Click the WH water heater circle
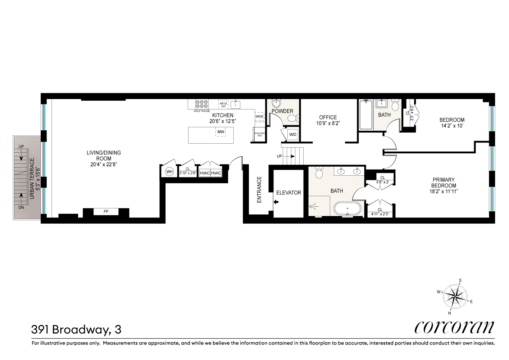(169, 172)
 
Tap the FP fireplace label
(106, 212)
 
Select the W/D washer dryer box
(293, 135)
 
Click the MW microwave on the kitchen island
(221, 132)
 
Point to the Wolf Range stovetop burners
(202, 104)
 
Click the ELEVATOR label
(288, 193)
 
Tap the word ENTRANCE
(259, 189)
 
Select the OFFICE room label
(328, 117)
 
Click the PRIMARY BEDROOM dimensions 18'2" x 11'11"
(444, 192)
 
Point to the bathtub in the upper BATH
(366, 114)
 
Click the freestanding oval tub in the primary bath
(347, 208)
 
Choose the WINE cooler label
(259, 117)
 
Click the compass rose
(455, 296)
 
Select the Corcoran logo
(454, 327)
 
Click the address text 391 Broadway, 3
(76, 329)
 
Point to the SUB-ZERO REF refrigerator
(259, 135)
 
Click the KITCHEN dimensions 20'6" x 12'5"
(223, 121)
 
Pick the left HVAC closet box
(205, 173)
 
